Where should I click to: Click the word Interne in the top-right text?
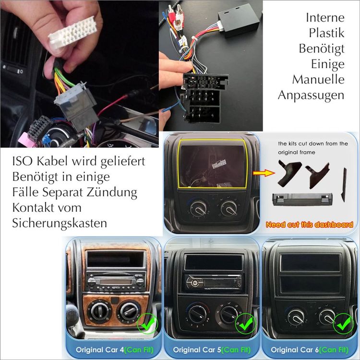(x=325, y=17)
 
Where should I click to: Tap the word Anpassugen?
(x=311, y=95)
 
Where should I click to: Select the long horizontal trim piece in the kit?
(x=302, y=199)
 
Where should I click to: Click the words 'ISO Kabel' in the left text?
(x=38, y=160)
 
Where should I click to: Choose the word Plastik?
(x=326, y=33)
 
